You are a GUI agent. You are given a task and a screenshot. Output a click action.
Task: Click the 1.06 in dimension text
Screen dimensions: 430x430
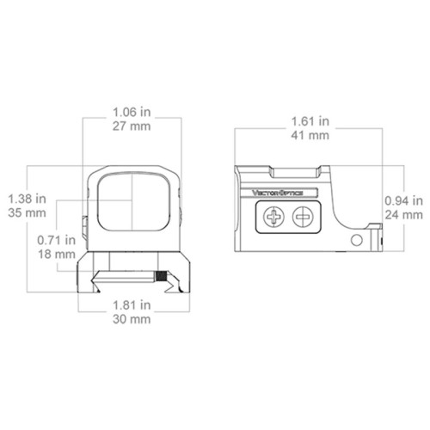132,111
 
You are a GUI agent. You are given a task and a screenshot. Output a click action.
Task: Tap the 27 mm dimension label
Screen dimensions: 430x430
132,126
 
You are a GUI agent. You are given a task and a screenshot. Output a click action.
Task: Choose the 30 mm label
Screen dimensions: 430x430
132,319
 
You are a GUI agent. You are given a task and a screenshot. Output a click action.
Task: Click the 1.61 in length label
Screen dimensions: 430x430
307,120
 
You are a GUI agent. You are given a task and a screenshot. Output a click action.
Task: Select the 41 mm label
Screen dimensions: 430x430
307,135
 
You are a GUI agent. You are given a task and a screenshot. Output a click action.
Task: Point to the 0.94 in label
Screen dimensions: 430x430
402,200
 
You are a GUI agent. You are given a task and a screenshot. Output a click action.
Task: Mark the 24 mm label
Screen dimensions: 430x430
402,214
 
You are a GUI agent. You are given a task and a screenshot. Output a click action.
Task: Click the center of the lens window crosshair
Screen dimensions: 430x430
132,200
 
